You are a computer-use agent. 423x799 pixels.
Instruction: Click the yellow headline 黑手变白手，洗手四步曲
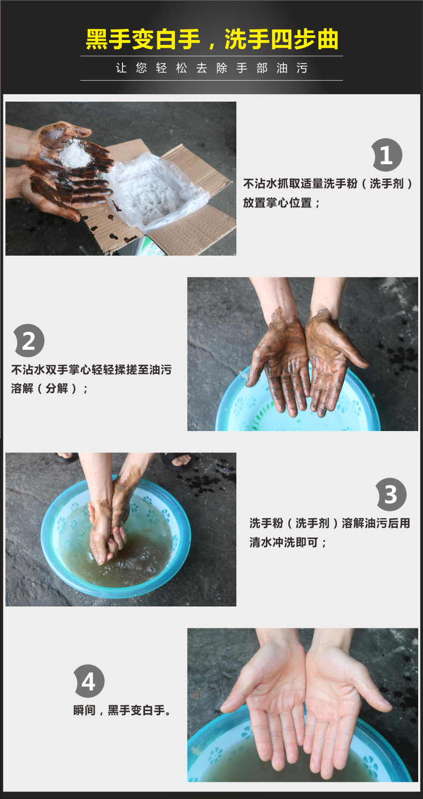(212, 39)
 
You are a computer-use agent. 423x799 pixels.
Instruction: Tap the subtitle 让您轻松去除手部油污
(212, 68)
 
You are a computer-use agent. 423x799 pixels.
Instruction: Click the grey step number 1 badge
(387, 155)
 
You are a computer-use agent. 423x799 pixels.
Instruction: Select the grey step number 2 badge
(29, 341)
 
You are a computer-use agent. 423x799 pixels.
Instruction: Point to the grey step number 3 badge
(391, 494)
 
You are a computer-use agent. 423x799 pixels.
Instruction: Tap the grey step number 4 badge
(89, 681)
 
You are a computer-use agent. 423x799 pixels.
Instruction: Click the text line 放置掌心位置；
(281, 203)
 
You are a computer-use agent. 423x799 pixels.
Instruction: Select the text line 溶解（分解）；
(49, 388)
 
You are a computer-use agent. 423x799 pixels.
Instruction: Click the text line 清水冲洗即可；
(288, 542)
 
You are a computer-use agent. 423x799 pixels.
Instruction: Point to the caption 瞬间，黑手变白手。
(122, 710)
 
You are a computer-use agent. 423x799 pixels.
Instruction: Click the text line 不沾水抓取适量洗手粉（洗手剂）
(328, 183)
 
